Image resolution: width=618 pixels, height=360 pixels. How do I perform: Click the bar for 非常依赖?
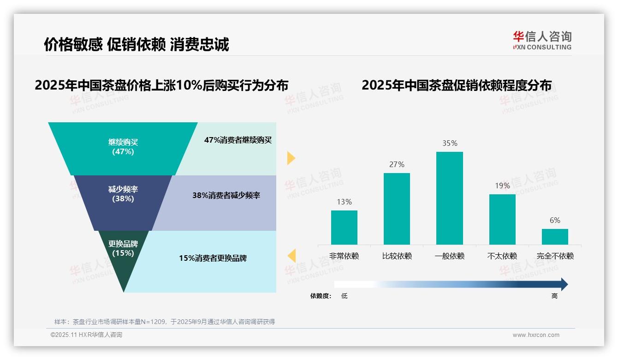[x=344, y=227]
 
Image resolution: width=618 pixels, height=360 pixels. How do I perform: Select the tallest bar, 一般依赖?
[x=449, y=198]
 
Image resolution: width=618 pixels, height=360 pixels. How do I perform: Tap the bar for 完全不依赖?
[x=555, y=236]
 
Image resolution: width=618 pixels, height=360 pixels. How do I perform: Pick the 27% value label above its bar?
[x=397, y=164]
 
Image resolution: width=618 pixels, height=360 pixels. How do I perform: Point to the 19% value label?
[x=502, y=186]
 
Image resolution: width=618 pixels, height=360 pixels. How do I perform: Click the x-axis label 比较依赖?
[x=397, y=256]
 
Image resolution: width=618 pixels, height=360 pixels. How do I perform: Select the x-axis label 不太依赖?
[x=502, y=256]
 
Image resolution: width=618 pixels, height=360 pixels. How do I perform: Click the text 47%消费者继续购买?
[x=238, y=140]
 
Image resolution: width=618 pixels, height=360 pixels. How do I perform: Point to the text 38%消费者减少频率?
[x=226, y=195]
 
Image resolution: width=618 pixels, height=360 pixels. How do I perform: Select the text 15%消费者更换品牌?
[x=213, y=258]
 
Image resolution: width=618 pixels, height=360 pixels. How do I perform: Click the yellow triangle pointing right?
[x=291, y=158]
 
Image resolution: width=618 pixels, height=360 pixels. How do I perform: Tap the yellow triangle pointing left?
[x=292, y=256]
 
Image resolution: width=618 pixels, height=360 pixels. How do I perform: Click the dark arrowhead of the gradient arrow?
[x=564, y=284]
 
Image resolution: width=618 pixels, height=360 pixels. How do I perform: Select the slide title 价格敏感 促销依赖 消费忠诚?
[x=137, y=45]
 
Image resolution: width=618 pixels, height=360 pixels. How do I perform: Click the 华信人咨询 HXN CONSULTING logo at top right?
[x=542, y=40]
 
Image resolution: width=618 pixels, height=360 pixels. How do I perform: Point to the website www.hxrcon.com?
[x=536, y=335]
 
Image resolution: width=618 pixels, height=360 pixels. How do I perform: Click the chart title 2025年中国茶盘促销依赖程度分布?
[x=456, y=85]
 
